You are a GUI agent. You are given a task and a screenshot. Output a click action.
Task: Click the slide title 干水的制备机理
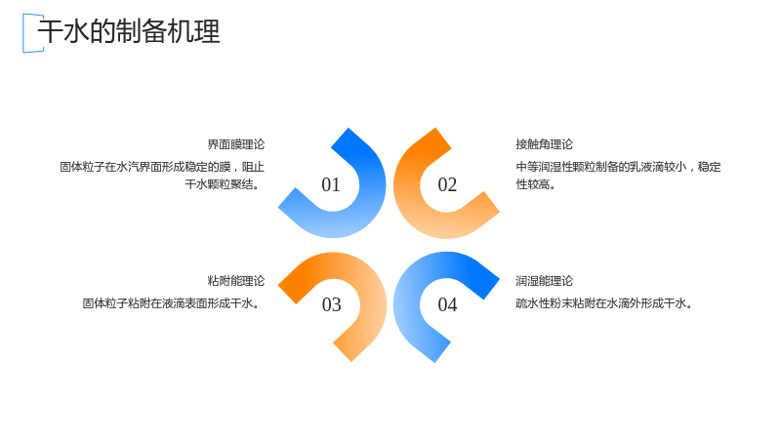tap(129, 31)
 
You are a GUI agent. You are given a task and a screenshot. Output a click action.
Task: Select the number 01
tap(331, 184)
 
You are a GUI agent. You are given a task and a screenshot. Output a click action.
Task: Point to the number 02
tap(447, 184)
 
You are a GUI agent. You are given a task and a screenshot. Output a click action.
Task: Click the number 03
tap(331, 304)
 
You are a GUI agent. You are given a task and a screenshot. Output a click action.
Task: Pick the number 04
tap(447, 304)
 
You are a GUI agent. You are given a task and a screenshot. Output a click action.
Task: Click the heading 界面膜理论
tap(236, 144)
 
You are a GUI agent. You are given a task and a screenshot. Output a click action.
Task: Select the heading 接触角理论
tap(545, 144)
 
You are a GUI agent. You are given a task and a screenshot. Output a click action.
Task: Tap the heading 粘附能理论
tap(236, 281)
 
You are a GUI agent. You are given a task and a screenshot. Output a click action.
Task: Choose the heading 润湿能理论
tap(545, 281)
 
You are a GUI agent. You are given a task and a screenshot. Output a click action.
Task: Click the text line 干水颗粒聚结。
tap(223, 184)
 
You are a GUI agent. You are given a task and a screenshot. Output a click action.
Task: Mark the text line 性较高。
tap(535, 184)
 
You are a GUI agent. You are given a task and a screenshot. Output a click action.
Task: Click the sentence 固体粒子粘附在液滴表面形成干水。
tap(172, 303)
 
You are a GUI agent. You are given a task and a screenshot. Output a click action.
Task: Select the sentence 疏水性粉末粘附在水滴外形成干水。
tap(604, 303)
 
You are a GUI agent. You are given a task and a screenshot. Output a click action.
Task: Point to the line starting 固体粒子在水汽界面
tap(162, 167)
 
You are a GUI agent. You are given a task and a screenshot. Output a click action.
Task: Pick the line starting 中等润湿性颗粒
tap(618, 167)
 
